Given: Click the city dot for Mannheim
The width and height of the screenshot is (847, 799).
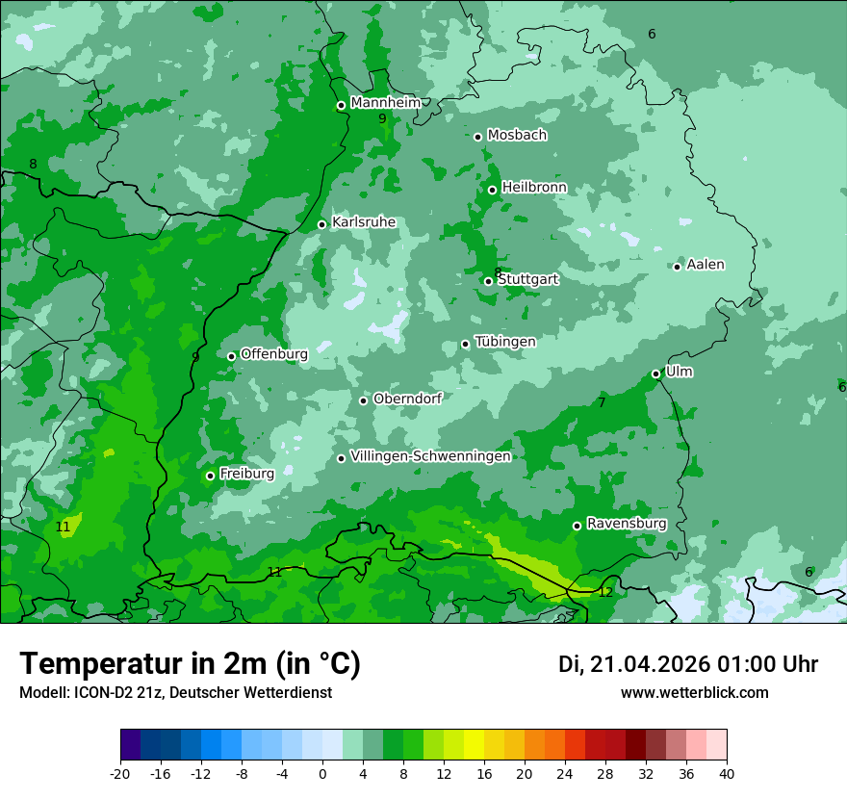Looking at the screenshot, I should click(x=341, y=106).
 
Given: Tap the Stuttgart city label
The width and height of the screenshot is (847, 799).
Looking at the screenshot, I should click(x=528, y=279).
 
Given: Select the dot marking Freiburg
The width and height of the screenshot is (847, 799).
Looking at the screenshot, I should click(x=210, y=476).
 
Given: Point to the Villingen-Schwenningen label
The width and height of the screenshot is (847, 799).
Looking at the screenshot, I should click(x=430, y=456).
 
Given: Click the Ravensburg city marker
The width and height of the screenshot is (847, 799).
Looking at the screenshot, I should click(x=577, y=526).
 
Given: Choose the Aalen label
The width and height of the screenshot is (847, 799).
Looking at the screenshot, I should click(x=706, y=265).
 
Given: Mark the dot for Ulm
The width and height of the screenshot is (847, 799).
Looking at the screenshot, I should click(x=655, y=374).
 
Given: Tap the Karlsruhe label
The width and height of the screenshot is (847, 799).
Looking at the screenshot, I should click(x=364, y=222).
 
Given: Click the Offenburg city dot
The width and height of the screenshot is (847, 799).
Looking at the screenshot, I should click(x=231, y=356).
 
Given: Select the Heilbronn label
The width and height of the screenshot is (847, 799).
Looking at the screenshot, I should click(x=534, y=187).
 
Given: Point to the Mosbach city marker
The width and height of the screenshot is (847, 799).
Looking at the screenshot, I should click(x=477, y=137).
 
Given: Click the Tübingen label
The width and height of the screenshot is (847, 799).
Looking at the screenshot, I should click(x=505, y=342).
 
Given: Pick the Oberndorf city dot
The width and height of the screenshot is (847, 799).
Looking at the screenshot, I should click(x=363, y=400).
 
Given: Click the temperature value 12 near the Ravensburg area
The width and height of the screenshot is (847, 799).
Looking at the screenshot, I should click(x=604, y=592).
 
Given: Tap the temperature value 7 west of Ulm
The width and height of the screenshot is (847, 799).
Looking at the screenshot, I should click(x=602, y=402).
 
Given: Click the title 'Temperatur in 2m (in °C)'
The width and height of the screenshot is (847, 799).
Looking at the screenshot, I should click(x=190, y=663).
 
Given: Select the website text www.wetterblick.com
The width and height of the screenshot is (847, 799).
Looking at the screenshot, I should click(x=694, y=692).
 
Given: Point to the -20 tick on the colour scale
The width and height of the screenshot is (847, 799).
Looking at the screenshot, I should click(x=120, y=774).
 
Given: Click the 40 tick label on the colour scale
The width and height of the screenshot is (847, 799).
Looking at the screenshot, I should click(x=727, y=774).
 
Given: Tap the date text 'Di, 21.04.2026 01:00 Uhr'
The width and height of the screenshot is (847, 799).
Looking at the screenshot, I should click(x=688, y=664).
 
